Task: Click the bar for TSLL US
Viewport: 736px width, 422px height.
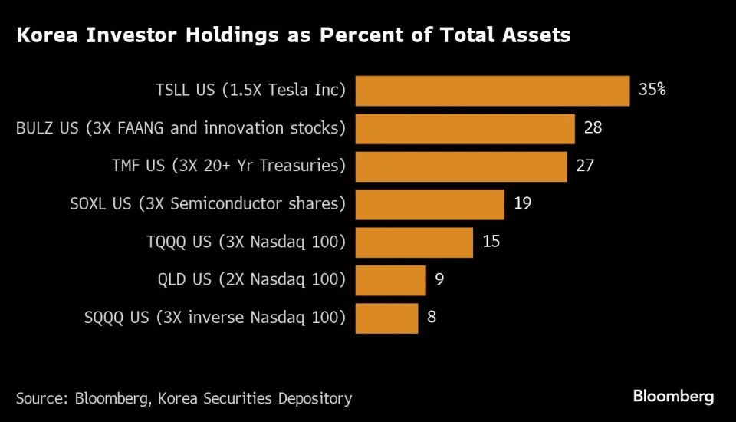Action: point(493,91)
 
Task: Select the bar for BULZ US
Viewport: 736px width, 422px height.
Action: point(465,128)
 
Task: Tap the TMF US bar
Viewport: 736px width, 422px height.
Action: point(462,166)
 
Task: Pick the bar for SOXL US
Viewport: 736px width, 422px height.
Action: point(430,204)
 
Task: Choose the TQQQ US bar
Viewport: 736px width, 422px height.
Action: point(414,242)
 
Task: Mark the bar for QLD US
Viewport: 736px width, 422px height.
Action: point(391,280)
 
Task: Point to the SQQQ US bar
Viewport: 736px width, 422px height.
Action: point(387,318)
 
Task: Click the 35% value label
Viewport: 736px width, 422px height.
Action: point(652,89)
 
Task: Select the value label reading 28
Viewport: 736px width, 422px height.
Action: point(593,127)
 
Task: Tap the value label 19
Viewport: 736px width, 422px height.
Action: point(522,203)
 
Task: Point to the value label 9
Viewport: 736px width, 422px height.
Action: point(439,279)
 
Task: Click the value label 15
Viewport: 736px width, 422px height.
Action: point(491,242)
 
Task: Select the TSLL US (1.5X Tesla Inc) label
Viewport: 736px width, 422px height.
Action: point(251,91)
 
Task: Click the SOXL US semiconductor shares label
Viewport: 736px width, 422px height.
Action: point(208,204)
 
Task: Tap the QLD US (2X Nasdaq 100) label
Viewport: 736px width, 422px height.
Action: point(246,280)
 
